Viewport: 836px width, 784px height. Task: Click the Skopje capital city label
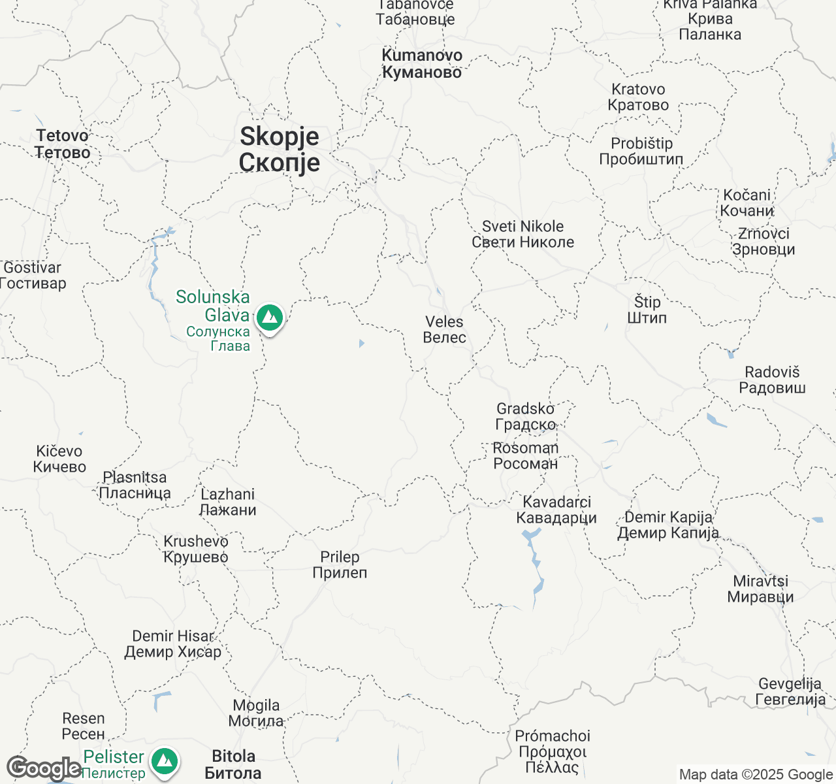click(x=280, y=150)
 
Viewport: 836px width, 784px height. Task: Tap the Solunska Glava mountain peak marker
click(x=269, y=318)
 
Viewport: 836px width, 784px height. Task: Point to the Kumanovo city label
click(x=422, y=64)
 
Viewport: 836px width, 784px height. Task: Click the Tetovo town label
click(x=63, y=144)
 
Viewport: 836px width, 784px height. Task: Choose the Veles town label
click(x=444, y=330)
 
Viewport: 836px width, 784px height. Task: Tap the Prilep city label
click(x=340, y=565)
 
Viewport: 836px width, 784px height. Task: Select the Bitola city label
click(x=233, y=765)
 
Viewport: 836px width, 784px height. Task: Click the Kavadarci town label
click(x=556, y=510)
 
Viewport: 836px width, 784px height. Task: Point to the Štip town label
click(x=647, y=310)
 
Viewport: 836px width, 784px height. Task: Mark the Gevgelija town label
click(x=790, y=692)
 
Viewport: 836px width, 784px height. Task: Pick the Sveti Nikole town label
click(x=523, y=234)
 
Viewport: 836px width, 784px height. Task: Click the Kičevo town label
click(x=59, y=459)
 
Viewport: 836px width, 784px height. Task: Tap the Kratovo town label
click(x=638, y=97)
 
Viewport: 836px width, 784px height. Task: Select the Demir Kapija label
click(x=668, y=525)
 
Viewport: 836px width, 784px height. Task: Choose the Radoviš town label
click(x=772, y=380)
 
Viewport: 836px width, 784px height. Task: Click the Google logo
click(x=44, y=769)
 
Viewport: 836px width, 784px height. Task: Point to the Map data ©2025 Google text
click(x=756, y=775)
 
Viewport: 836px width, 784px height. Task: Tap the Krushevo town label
click(x=196, y=549)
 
